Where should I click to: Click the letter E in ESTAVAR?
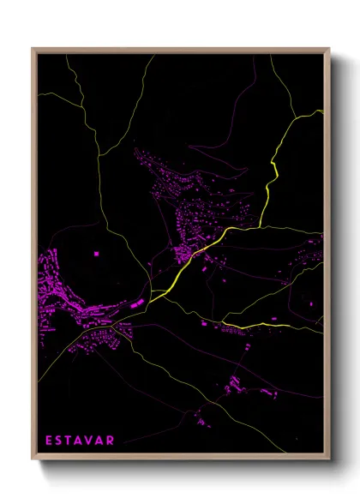(49, 441)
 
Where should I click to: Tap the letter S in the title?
(63, 441)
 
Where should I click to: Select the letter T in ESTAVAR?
(75, 441)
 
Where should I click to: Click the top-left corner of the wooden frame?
(33, 49)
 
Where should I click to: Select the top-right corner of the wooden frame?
(329, 49)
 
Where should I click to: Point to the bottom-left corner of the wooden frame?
(33, 462)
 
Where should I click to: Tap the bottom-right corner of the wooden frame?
(329, 462)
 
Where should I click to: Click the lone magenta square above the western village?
(95, 255)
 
